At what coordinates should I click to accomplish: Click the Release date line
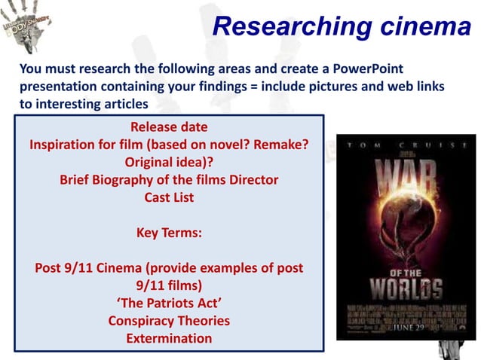[x=169, y=126]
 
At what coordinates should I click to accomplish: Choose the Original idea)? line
[x=169, y=162]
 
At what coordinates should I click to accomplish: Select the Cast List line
[x=169, y=197]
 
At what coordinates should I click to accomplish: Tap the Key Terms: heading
[x=169, y=233]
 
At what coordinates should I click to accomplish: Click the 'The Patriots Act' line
[x=169, y=303]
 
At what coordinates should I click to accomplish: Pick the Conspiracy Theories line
[x=169, y=321]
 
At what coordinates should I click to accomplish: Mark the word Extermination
[x=169, y=338]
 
